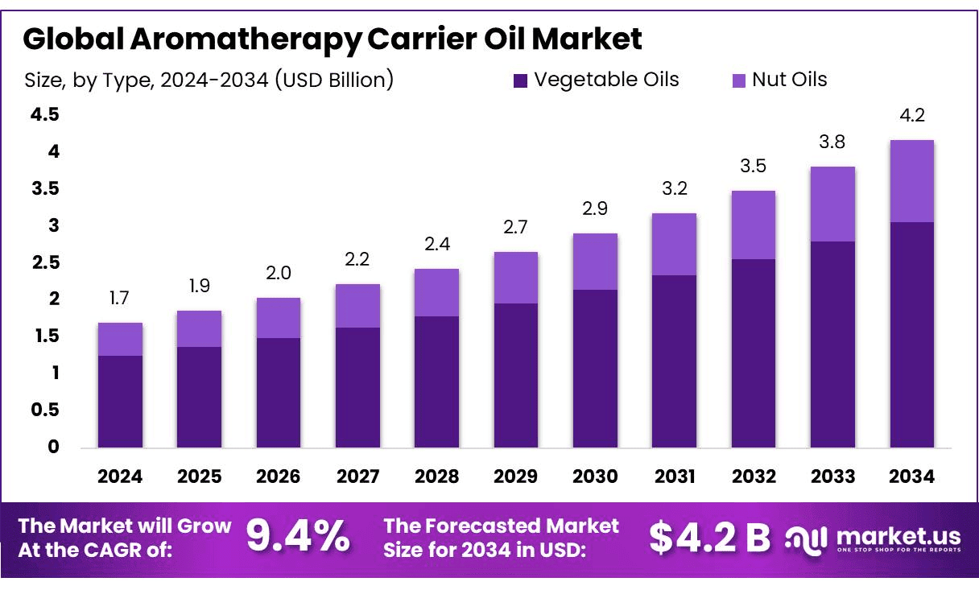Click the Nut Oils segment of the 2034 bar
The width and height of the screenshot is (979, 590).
click(x=912, y=181)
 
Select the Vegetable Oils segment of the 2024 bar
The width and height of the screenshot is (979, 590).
click(x=120, y=401)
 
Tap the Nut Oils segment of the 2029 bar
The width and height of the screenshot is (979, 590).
click(x=516, y=278)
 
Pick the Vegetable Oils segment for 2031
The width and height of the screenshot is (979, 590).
click(x=675, y=361)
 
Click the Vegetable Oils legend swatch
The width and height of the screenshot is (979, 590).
click(x=520, y=80)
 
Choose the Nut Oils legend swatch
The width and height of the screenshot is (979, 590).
click(x=739, y=80)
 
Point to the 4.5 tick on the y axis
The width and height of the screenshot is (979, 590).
click(x=45, y=115)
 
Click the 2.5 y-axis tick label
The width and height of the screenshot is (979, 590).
click(x=45, y=262)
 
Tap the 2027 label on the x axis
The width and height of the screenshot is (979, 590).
click(x=357, y=477)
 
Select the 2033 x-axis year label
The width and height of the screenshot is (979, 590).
click(x=832, y=477)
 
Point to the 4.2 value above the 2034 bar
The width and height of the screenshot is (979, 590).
click(x=912, y=116)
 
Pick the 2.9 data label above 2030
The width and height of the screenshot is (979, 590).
click(x=595, y=209)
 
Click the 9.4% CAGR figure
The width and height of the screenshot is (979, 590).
click(x=297, y=537)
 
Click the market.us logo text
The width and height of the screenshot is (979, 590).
click(x=898, y=534)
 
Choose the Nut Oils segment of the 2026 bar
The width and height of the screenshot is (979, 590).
click(x=279, y=318)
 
